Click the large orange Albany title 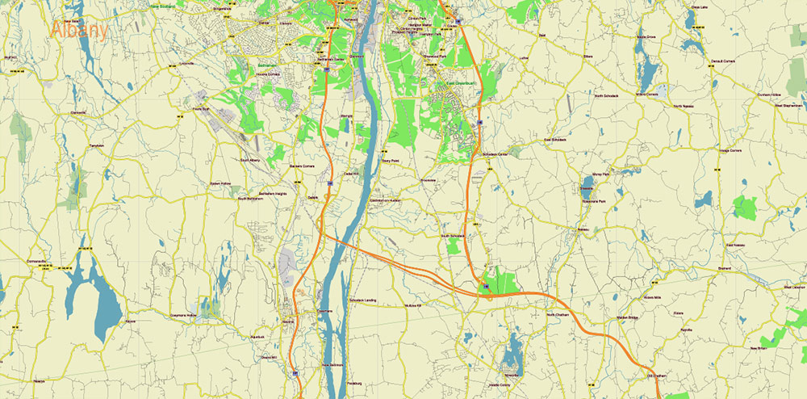click(x=79, y=30)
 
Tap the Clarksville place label click(x=77, y=112)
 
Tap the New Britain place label click(x=757, y=348)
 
